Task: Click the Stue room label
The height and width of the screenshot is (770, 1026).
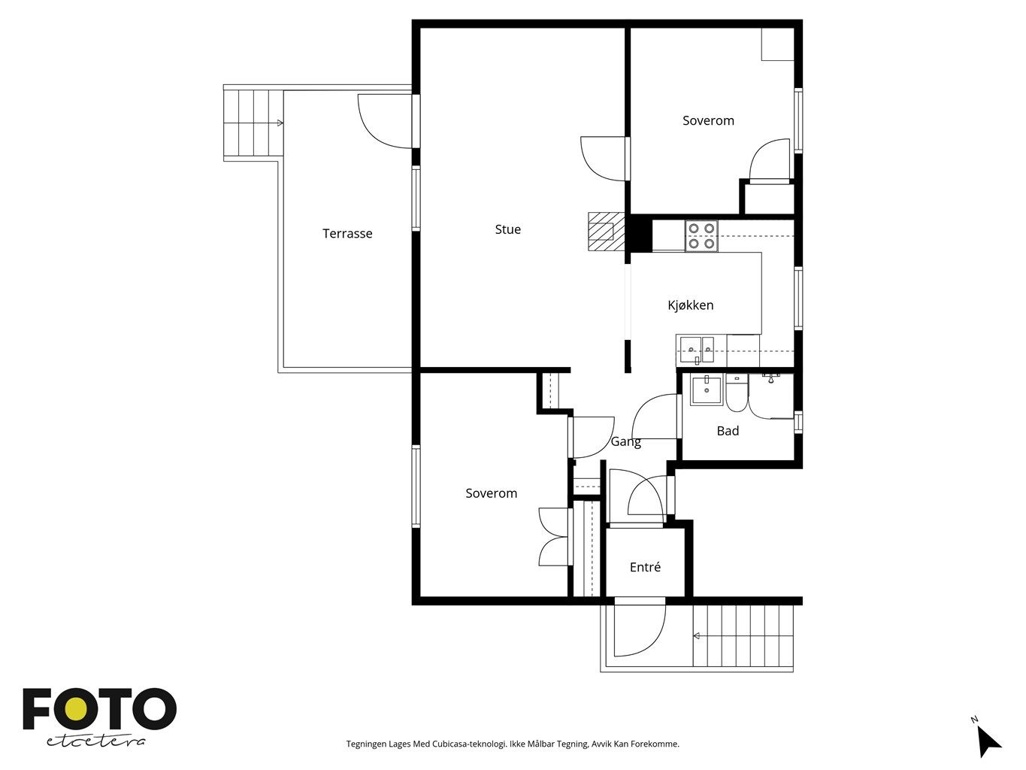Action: point(507,229)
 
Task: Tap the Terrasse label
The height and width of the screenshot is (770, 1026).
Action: point(347,233)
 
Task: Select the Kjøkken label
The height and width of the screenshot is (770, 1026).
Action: point(690,305)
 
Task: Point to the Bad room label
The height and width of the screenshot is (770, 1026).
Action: point(728,431)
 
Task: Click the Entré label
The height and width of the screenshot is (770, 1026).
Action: point(645,567)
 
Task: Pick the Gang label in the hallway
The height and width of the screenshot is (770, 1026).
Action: point(626,441)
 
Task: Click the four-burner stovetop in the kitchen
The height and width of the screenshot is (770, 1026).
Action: point(701,236)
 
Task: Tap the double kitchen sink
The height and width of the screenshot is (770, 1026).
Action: point(697,349)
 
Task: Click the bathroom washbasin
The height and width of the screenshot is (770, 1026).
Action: point(707,390)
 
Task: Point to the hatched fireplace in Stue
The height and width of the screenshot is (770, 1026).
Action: point(607,232)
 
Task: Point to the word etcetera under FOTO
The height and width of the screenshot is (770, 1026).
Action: point(95,741)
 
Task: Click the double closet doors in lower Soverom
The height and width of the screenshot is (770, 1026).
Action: point(555,537)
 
